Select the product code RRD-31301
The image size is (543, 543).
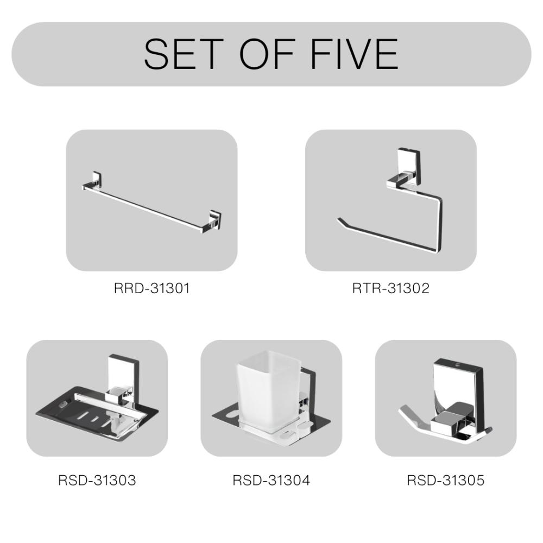click(x=151, y=288)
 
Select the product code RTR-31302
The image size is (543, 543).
click(x=391, y=288)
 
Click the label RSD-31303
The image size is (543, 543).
click(x=97, y=481)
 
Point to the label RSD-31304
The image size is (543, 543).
click(x=271, y=481)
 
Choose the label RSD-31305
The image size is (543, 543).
click(x=446, y=481)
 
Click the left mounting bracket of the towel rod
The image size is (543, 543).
click(x=93, y=180)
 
